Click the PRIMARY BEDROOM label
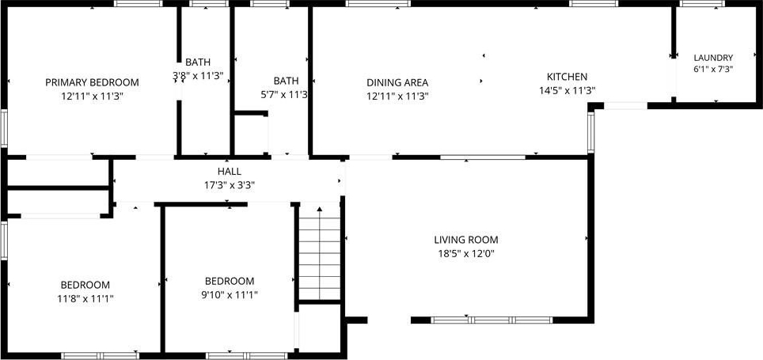tap(92, 83)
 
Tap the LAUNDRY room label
tap(713, 57)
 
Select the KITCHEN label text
tap(567, 77)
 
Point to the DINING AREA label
tap(397, 83)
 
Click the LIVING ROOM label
tap(466, 240)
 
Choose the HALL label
tap(230, 171)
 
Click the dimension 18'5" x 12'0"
tap(466, 253)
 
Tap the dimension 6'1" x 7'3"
tap(713, 69)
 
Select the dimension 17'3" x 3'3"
tap(230, 185)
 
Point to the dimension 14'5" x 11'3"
tap(568, 90)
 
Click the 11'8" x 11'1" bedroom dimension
tap(85, 298)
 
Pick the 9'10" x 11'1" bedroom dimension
tap(230, 294)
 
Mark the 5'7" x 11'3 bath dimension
tap(285, 94)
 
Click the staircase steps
tap(319, 259)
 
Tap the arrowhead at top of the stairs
tap(320, 209)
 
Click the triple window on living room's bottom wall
tap(492, 320)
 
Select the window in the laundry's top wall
tap(702, 3)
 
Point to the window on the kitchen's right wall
tap(591, 132)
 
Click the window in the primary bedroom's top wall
tap(139, 3)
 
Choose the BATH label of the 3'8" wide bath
tap(198, 62)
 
